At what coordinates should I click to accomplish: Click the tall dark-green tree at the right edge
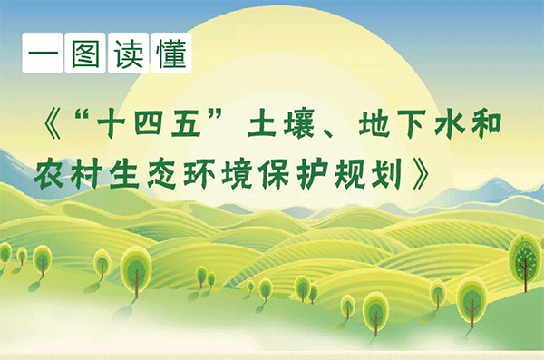click(525, 258)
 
